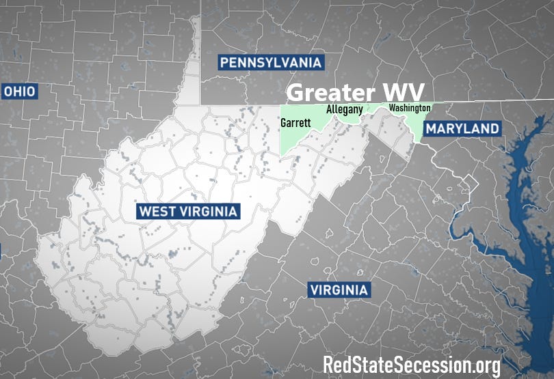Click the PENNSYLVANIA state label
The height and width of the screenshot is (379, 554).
tap(270, 63)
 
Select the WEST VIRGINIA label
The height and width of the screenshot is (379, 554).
tap(187, 211)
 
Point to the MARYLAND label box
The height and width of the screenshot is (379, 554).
tap(462, 128)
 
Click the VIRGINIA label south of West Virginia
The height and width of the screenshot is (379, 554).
tap(339, 290)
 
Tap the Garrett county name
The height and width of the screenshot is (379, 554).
tap(295, 124)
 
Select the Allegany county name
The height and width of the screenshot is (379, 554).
tap(344, 109)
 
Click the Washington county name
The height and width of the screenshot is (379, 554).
tap(409, 108)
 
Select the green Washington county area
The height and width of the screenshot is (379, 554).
tap(414, 123)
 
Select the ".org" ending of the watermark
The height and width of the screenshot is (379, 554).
tap(482, 365)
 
